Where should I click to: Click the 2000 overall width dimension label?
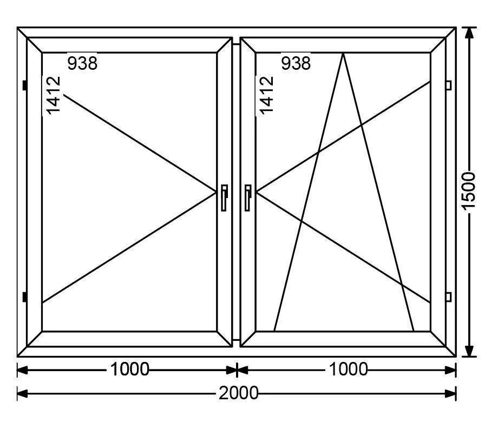[239, 393]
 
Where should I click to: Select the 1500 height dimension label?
[469, 192]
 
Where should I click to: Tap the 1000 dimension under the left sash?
[130, 370]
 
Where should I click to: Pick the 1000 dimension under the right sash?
[348, 370]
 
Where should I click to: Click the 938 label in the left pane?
[82, 63]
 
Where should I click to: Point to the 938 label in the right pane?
[296, 63]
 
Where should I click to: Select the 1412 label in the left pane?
[53, 95]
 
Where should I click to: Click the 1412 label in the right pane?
[266, 95]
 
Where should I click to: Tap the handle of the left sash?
[224, 197]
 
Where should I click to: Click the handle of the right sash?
[247, 197]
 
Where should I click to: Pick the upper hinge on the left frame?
[25, 85]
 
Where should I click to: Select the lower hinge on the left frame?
[25, 297]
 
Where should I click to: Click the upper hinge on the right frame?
[448, 85]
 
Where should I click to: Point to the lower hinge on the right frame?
[448, 296]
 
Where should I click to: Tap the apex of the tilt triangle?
[343, 53]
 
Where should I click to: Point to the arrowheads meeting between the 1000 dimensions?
[237, 370]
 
